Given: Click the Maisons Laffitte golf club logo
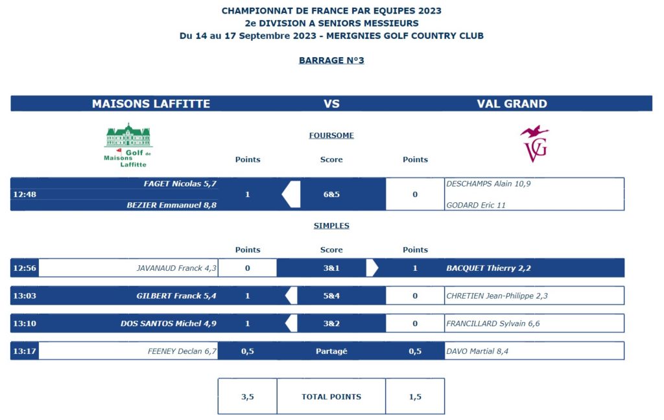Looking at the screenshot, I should pos(128,145).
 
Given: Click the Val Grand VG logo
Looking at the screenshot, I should pos(535,143).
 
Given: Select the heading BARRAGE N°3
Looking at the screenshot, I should pos(331,60).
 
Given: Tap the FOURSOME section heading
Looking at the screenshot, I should pos(331,135).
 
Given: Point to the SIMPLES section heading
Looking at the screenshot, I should pos(331,226).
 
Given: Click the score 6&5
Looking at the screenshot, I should pos(331,194).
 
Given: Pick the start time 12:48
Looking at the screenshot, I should pos(24,194).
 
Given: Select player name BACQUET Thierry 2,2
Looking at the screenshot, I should pos(489,268).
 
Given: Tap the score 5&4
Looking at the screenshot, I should pos(331,296).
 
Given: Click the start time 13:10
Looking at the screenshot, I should pos(24,323).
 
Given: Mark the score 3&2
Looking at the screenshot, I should pos(331,323).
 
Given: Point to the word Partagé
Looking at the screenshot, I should pos(331,351).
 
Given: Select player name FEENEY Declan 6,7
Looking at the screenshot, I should pos(182,351).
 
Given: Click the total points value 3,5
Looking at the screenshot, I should pos(248,397).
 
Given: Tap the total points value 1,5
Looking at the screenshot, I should pos(415,397).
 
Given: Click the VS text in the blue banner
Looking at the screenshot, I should pos(331,104).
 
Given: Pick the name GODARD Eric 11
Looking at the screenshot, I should pos(476,205).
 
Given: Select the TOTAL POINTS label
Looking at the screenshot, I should pos(331,397).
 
